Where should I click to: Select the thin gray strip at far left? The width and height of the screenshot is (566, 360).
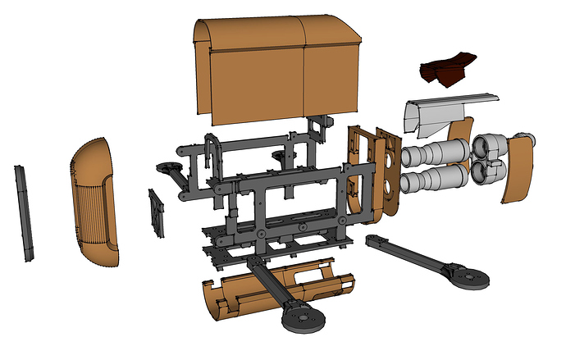[x=25, y=212]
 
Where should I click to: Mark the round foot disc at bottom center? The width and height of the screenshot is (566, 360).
[x=300, y=317]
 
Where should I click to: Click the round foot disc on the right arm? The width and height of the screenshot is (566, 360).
[x=470, y=278]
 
